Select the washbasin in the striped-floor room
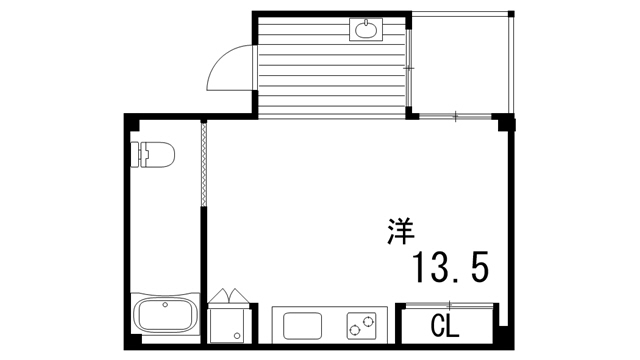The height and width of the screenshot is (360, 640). [367, 29]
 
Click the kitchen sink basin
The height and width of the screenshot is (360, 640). [302, 326]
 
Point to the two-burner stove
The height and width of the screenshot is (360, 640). [362, 325]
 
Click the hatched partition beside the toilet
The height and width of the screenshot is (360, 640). [204, 165]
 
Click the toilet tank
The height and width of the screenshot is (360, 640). [138, 155]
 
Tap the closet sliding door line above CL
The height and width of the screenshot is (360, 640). [448, 305]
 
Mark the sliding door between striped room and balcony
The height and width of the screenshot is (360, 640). [411, 66]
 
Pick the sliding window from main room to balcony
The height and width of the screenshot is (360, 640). [456, 116]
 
